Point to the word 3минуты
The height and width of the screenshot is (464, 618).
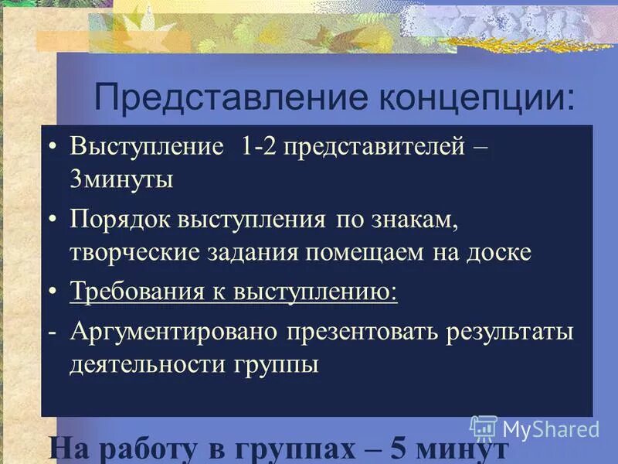click(x=121, y=179)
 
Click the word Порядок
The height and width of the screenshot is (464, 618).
click(x=121, y=220)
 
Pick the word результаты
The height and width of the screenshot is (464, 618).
click(x=509, y=333)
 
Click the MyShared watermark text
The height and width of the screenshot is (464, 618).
click(x=551, y=429)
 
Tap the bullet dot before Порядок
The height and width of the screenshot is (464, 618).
click(x=53, y=220)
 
